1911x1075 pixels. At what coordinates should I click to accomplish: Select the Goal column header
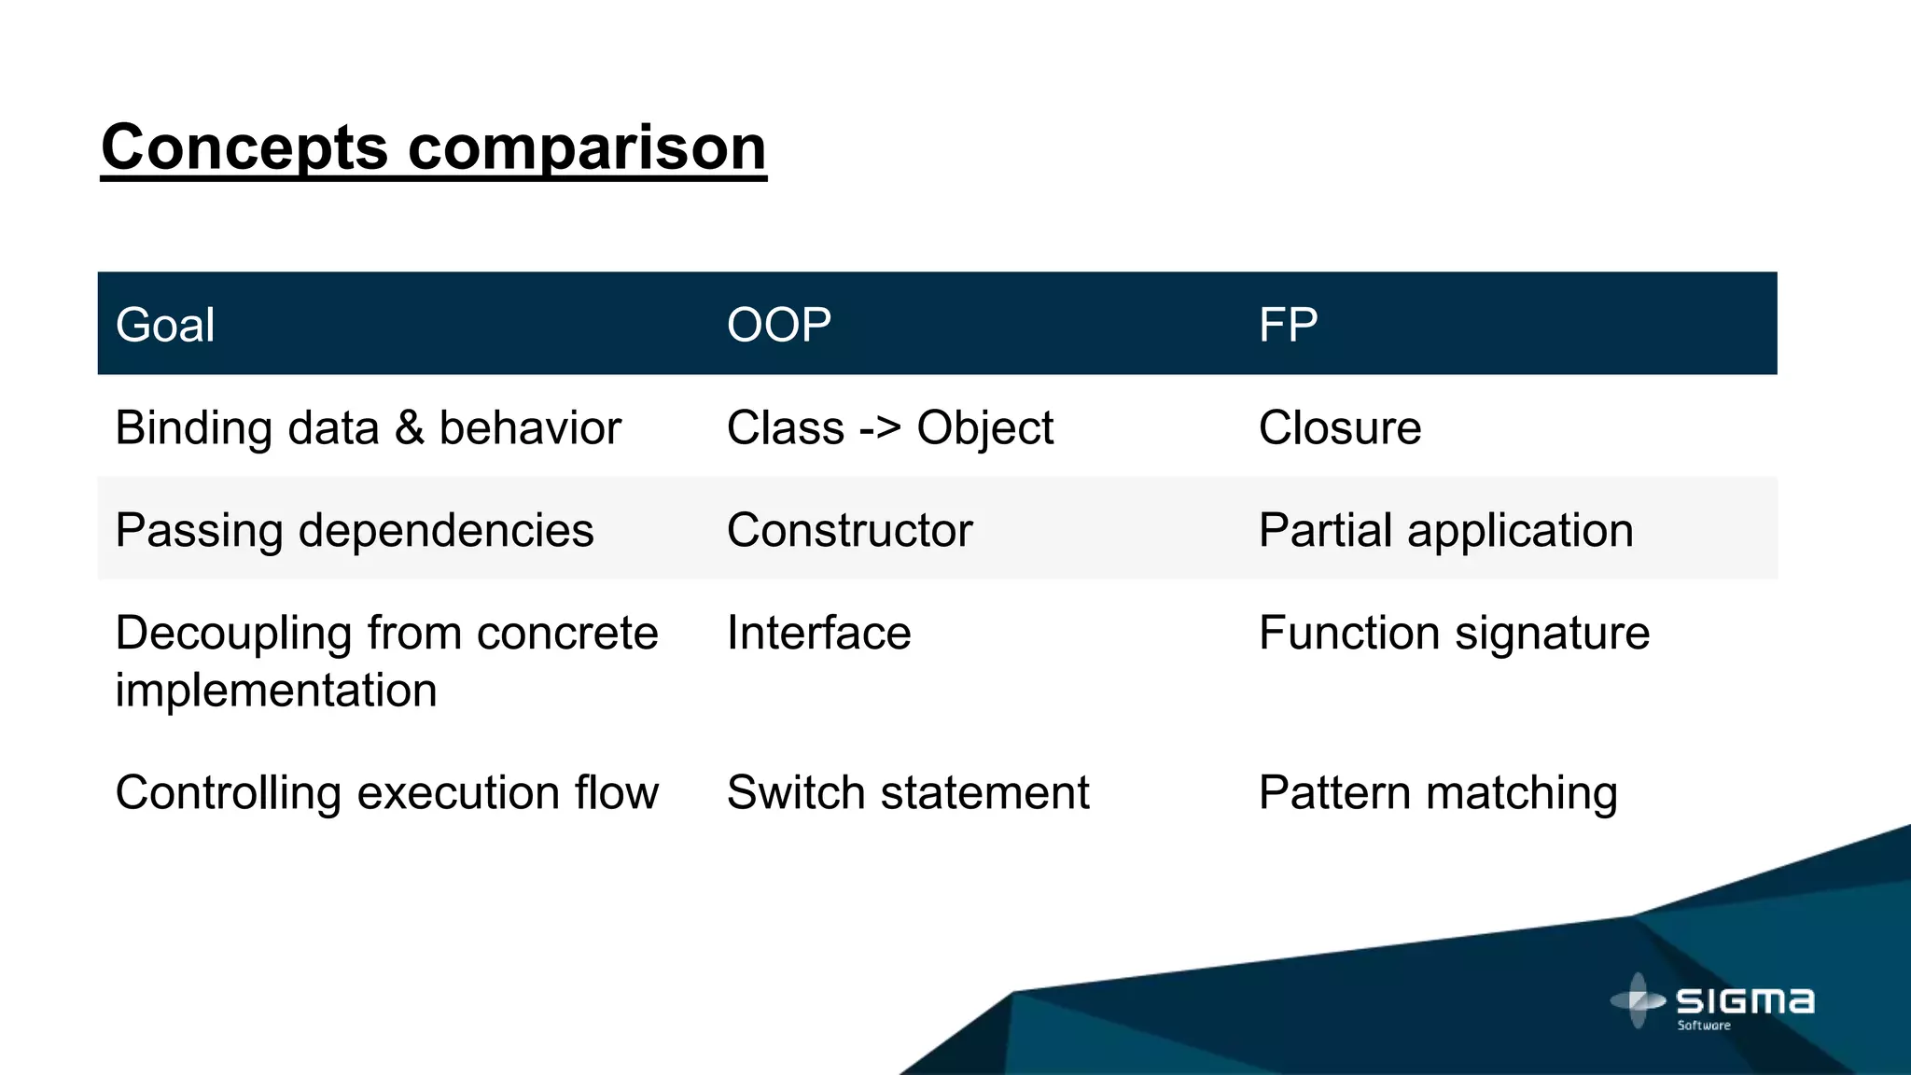(165, 325)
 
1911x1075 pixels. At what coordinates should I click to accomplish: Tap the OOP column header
(778, 325)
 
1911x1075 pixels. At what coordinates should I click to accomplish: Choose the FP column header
(1288, 325)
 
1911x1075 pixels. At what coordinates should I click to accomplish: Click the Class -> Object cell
(889, 428)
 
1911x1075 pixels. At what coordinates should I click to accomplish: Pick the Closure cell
(1339, 428)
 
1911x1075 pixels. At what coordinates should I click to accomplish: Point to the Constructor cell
(849, 530)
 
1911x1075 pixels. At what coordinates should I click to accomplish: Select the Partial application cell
(1445, 530)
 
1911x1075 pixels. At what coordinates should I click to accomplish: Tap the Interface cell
(818, 633)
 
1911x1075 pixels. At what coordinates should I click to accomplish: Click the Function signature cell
(1454, 633)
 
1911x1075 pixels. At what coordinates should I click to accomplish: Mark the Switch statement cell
(907, 792)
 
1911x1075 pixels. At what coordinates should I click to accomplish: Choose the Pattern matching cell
(1437, 792)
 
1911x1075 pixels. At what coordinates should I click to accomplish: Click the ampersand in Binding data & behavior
(410, 428)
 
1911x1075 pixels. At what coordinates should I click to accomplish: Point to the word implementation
(276, 691)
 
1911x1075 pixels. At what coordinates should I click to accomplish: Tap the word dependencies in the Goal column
(445, 530)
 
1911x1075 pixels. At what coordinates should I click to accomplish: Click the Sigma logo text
(1745, 1002)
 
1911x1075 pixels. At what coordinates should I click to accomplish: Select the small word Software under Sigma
(1704, 1026)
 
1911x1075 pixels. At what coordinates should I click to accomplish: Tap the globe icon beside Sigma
(1638, 1000)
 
